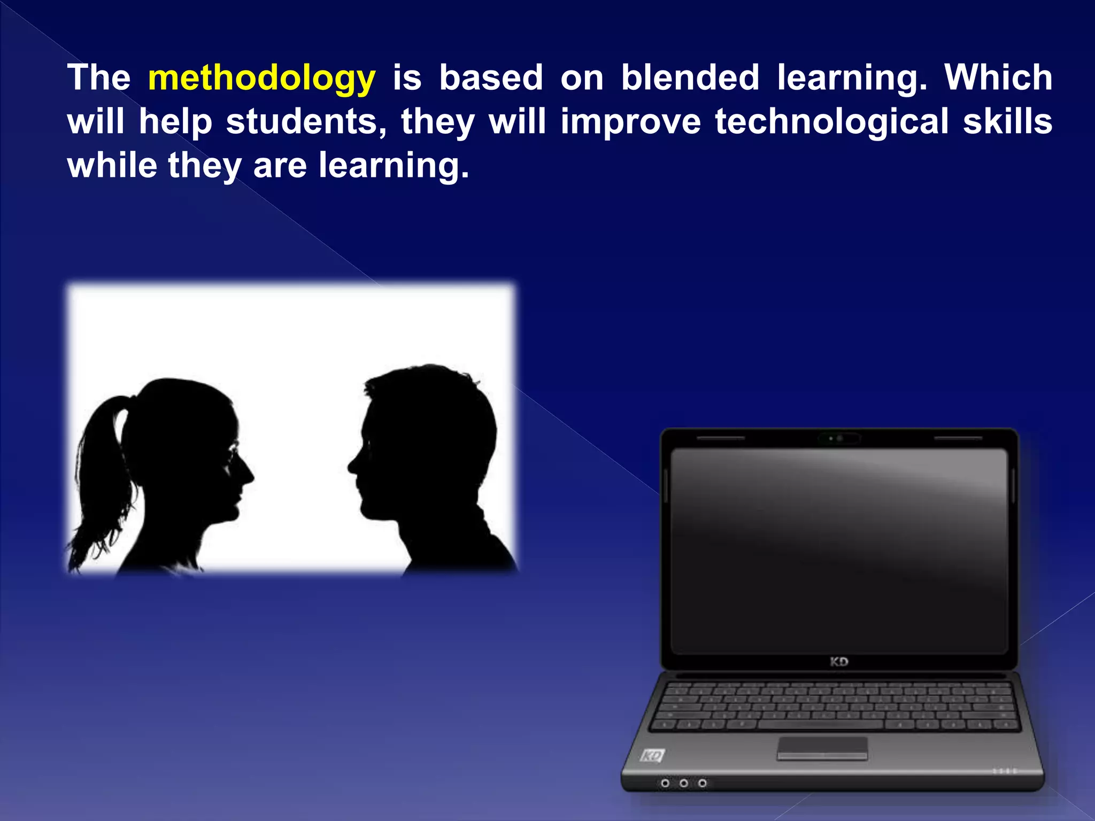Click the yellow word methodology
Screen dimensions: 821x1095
(x=261, y=78)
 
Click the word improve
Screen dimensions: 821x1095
(x=630, y=122)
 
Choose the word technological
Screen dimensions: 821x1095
(x=831, y=121)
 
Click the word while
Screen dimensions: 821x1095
(x=112, y=165)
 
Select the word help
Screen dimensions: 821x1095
(x=175, y=122)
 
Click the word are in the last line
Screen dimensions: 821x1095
(x=280, y=166)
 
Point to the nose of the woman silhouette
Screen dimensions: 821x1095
(x=249, y=474)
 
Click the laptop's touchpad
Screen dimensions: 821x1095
(x=822, y=747)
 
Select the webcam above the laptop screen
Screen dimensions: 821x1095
(x=839, y=438)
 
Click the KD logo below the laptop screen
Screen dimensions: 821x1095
(x=839, y=662)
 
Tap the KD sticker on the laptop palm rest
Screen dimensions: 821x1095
(x=652, y=756)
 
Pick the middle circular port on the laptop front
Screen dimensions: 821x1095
(x=683, y=783)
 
